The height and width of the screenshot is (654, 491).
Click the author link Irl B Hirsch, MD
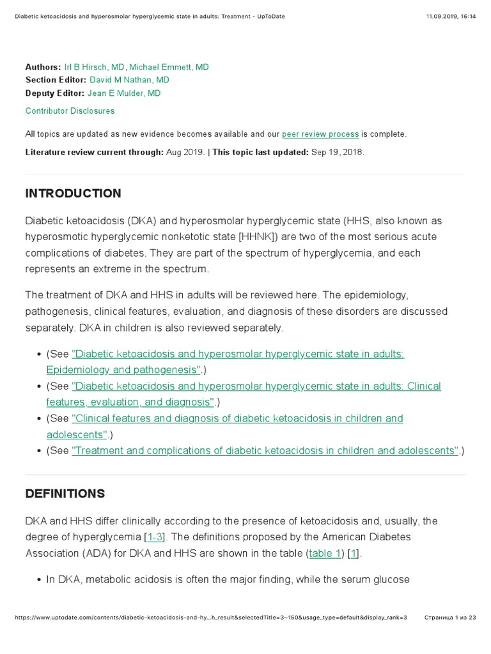pyautogui.click(x=95, y=67)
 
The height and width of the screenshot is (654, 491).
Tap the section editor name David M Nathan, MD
pyautogui.click(x=129, y=80)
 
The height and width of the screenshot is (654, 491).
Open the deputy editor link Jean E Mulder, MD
pyautogui.click(x=124, y=93)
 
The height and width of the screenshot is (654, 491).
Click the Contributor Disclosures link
pyautogui.click(x=70, y=111)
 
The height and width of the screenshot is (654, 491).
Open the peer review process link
pyautogui.click(x=320, y=134)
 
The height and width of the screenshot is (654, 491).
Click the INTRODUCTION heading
pyautogui.click(x=73, y=194)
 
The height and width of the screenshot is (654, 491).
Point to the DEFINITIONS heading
pyautogui.click(x=65, y=494)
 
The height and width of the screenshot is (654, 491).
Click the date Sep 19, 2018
pyautogui.click(x=337, y=153)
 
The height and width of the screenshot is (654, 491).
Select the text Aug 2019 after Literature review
pyautogui.click(x=185, y=153)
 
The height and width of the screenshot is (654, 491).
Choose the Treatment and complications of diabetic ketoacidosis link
pyautogui.click(x=265, y=451)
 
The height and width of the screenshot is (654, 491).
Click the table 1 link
pyautogui.click(x=325, y=554)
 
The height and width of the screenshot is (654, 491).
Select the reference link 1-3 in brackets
pyautogui.click(x=155, y=537)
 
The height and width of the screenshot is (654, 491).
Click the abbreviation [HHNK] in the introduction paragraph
pyautogui.click(x=257, y=237)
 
